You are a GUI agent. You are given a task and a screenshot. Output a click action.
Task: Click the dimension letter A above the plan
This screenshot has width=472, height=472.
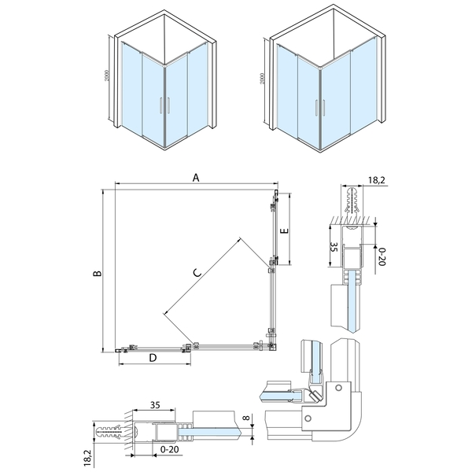[x=196, y=178]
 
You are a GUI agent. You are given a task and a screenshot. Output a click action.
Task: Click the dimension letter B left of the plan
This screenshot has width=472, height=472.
[x=98, y=273]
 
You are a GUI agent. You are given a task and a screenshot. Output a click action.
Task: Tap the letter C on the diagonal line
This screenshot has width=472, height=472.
[x=197, y=273]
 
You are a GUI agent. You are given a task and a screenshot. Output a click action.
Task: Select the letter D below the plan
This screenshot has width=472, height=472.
[x=153, y=358]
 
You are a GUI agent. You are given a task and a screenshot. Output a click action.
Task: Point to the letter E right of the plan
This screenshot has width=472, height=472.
[x=284, y=230]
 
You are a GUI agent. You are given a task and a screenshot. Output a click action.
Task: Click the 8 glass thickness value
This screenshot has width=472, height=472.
[x=246, y=418]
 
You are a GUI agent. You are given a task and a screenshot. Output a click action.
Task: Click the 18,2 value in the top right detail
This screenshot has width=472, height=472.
[x=376, y=180]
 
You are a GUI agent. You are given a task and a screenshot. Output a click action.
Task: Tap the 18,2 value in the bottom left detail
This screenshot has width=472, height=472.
[x=87, y=459]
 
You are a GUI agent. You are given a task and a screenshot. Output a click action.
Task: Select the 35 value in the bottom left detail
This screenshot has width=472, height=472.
[x=155, y=405]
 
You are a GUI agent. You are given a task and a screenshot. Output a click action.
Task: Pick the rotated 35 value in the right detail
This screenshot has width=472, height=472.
[x=334, y=246]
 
